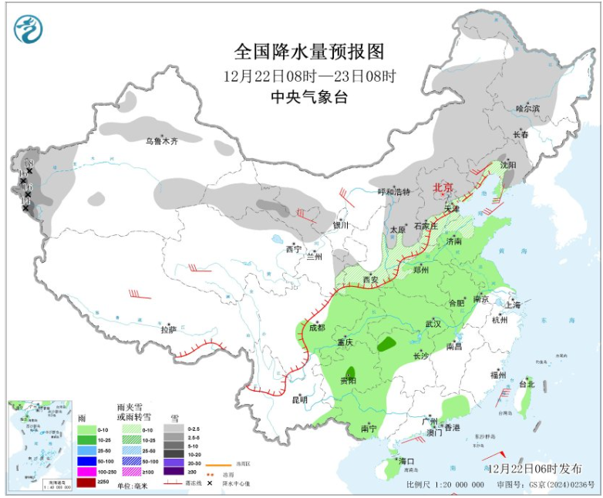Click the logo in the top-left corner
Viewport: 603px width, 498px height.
[29, 29]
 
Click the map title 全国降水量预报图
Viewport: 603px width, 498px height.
[308, 52]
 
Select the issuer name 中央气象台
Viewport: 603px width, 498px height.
[308, 96]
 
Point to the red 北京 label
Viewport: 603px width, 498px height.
[443, 187]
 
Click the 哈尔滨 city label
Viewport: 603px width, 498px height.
[528, 109]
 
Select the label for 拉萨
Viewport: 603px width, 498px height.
[169, 329]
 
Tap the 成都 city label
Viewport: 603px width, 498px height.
[317, 327]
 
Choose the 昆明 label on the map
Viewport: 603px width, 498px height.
[298, 399]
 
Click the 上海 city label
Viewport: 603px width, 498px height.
[513, 305]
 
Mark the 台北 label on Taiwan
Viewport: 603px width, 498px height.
[526, 383]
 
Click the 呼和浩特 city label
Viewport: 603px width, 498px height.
[393, 192]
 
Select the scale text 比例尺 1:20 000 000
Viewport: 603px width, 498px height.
[446, 484]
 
